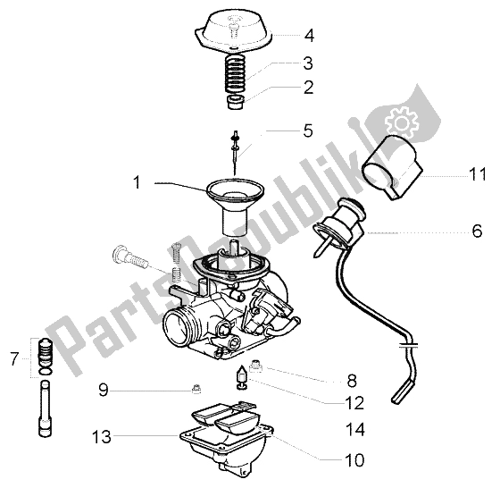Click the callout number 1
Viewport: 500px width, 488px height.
click(x=137, y=183)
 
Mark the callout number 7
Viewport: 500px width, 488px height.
click(x=12, y=362)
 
